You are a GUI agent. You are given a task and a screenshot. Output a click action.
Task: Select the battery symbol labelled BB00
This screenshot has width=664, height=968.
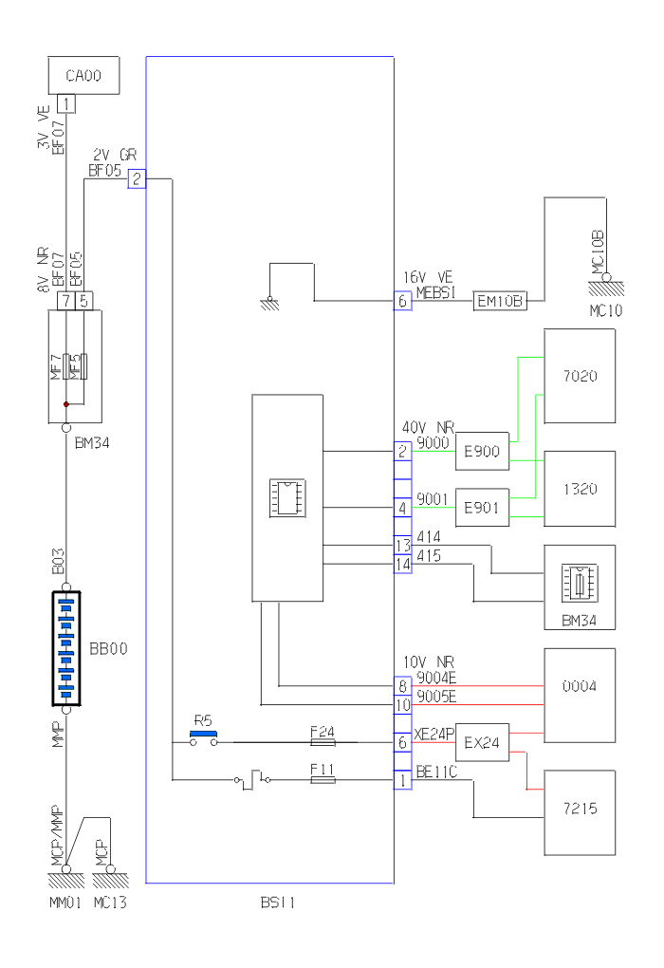coord(65,649)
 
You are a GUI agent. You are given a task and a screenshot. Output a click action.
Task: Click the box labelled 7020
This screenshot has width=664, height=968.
coord(579,375)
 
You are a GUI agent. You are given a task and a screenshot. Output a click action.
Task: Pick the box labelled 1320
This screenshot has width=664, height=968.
coord(579,489)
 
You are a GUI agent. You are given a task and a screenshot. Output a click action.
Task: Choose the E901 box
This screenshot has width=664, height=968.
coord(482,505)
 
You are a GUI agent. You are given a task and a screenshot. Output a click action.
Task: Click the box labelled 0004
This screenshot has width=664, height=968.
coord(579,685)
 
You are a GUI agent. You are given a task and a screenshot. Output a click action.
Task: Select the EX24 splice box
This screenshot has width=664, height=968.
coord(482,741)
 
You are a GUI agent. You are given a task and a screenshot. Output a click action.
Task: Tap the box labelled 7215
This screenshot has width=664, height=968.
coord(579,812)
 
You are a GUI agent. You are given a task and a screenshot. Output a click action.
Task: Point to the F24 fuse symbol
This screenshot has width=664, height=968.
coord(323,741)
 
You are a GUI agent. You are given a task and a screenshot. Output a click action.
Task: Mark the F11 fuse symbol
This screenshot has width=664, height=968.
coord(323,780)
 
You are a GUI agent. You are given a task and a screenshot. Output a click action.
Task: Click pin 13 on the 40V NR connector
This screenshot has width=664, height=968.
coord(403,545)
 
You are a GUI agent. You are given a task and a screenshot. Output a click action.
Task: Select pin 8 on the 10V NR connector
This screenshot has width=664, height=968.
coord(403,684)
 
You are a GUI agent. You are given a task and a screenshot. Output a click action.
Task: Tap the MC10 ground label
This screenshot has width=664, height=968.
coord(601,310)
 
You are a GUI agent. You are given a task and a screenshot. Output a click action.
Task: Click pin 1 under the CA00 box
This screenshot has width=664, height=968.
coord(65,103)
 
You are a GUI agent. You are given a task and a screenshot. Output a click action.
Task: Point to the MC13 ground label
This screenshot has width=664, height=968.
coord(110,903)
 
